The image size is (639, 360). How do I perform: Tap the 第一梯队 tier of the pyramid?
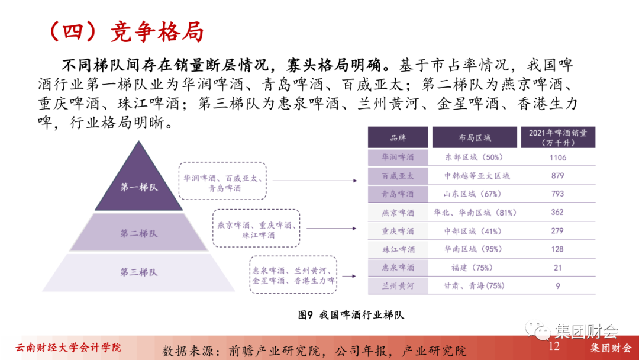click(139, 187)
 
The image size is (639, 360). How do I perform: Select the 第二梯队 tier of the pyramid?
click(139, 233)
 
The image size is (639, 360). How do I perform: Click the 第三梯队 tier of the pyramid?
click(139, 272)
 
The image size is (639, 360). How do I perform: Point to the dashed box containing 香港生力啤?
click(293, 275)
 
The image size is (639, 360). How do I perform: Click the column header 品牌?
click(398, 138)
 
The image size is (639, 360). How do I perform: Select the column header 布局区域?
click(475, 138)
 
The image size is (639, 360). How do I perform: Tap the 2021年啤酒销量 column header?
click(557, 137)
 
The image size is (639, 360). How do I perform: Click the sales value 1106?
click(557, 157)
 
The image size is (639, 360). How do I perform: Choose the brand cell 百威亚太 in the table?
click(398, 176)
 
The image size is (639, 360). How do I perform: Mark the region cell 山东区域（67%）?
click(475, 194)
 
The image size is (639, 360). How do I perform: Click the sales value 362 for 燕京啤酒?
click(557, 213)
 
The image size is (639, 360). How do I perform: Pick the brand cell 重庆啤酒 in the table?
click(398, 231)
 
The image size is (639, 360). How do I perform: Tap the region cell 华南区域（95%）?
click(475, 249)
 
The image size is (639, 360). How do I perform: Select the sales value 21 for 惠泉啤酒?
click(557, 268)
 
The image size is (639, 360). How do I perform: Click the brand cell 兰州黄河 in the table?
click(398, 286)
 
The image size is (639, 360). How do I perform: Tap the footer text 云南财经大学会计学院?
click(68, 347)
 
